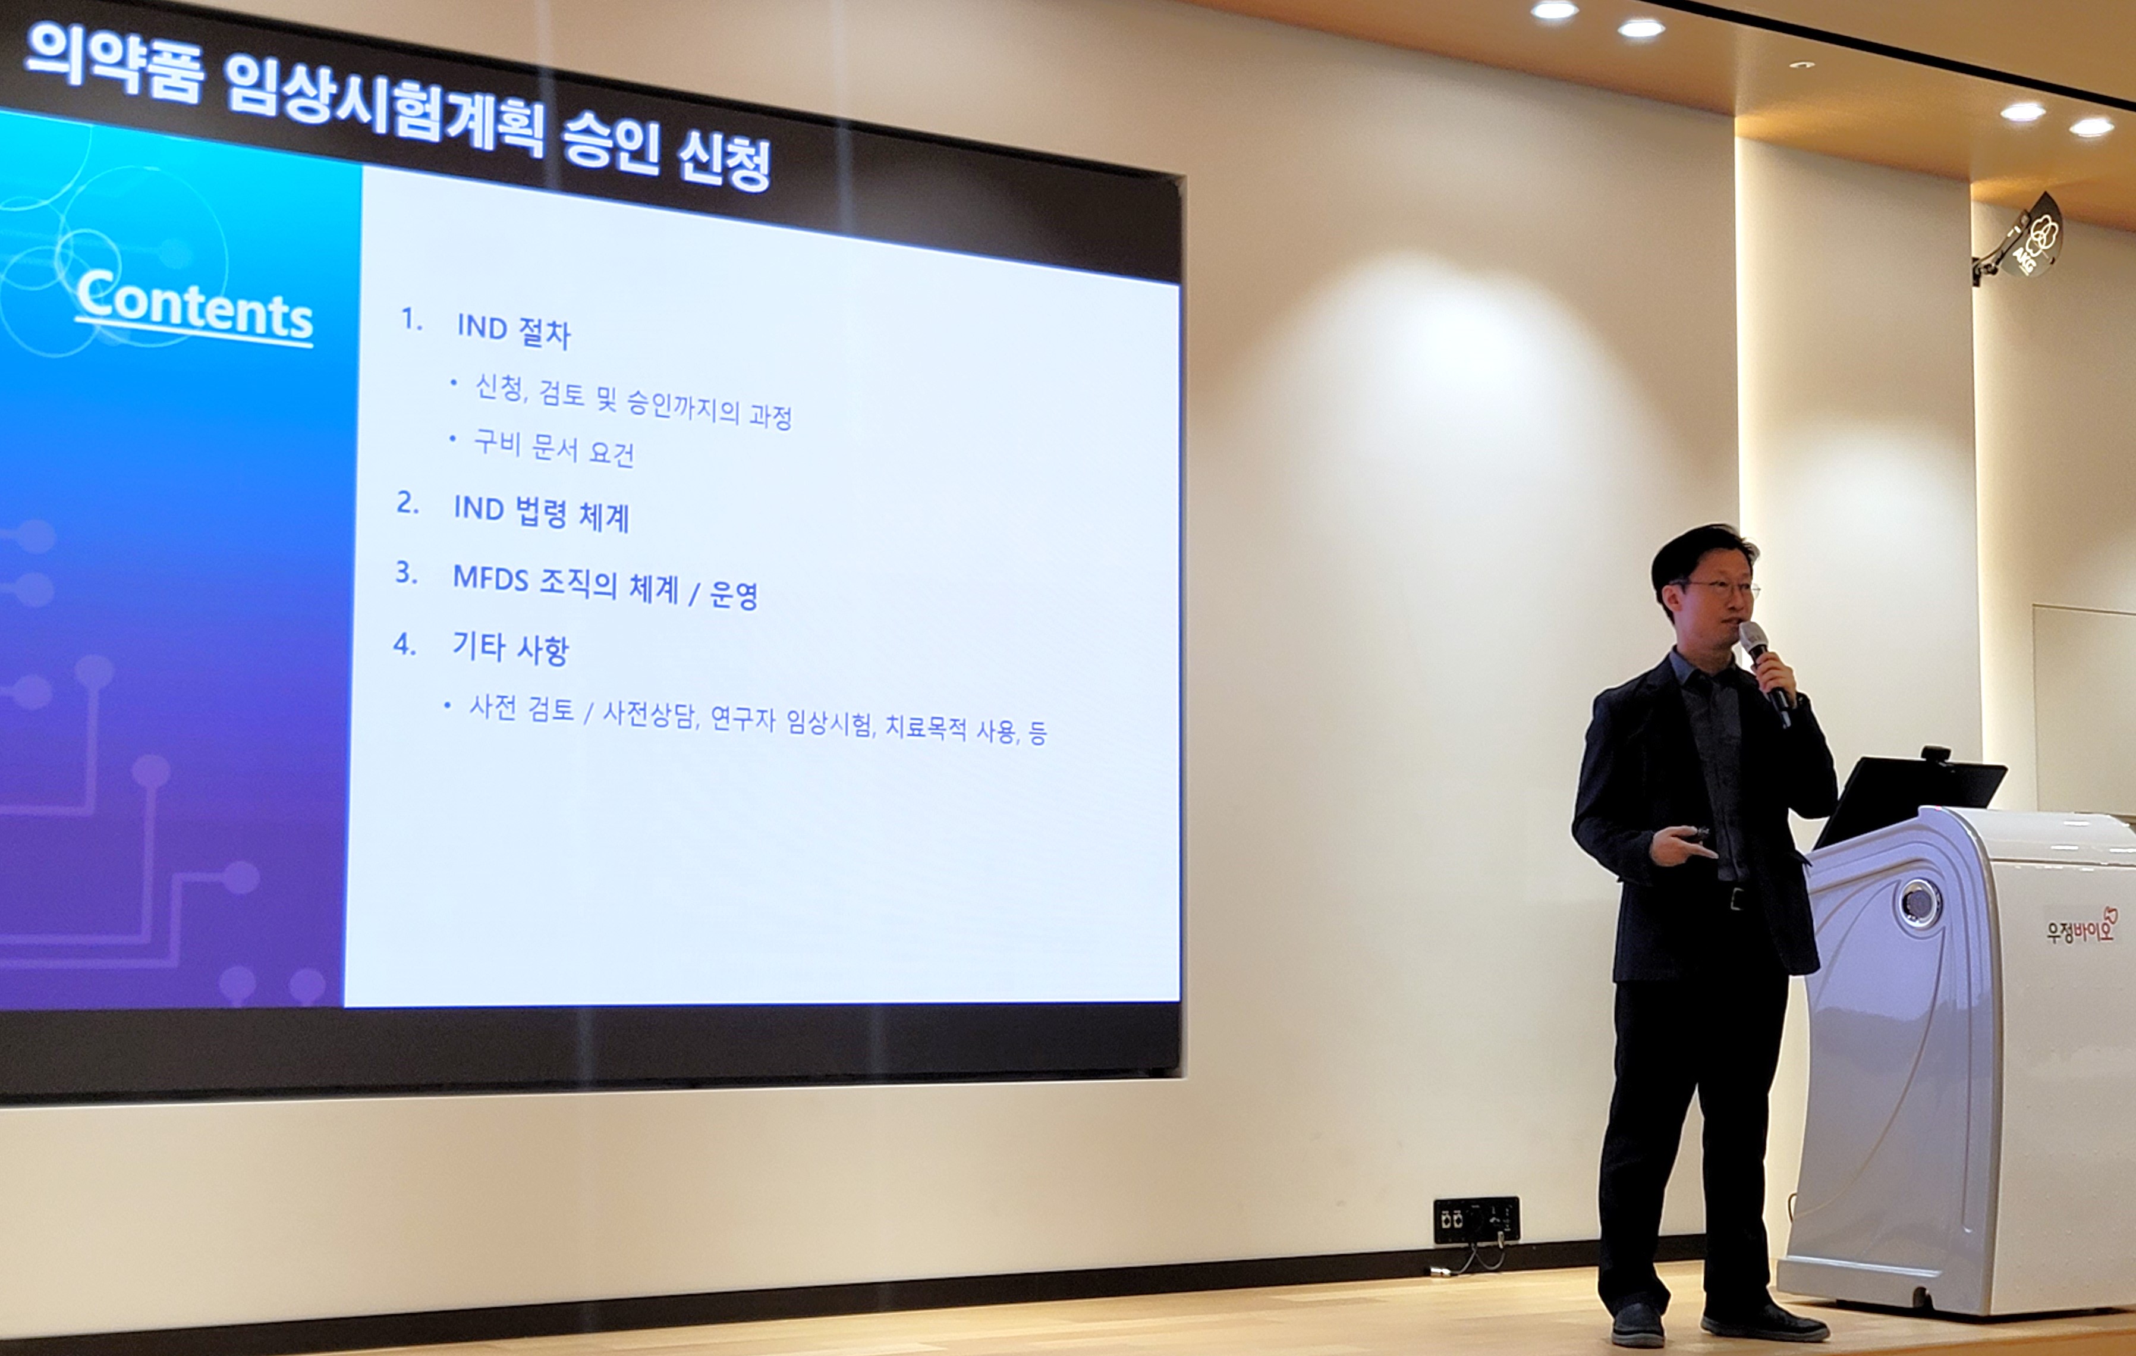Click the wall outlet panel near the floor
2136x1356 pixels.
pyautogui.click(x=1476, y=1219)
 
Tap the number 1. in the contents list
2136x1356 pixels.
pyautogui.click(x=411, y=319)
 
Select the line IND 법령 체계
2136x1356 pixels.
pyautogui.click(x=541, y=513)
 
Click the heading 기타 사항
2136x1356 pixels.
pyautogui.click(x=510, y=647)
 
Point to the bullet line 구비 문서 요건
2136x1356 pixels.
pyautogui.click(x=555, y=447)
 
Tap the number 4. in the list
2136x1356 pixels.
pyautogui.click(x=404, y=644)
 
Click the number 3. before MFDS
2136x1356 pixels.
pyautogui.click(x=406, y=572)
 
